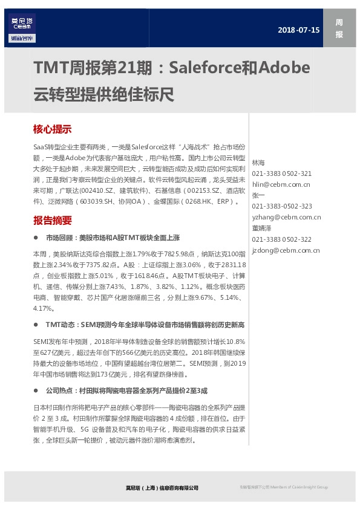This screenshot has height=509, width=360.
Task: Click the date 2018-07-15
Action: (298, 30)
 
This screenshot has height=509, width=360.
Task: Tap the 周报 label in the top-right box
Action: (339, 29)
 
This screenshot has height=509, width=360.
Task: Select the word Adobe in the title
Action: (284, 66)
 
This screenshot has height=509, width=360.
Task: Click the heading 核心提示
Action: (53, 129)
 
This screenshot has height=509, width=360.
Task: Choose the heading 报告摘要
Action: (53, 220)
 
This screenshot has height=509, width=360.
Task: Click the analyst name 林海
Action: (258, 163)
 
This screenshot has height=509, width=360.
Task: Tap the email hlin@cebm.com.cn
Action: (281, 184)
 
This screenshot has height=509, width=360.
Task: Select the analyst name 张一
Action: (258, 195)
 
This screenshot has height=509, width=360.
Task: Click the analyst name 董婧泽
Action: (261, 228)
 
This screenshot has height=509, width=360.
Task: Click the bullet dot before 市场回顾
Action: (37, 238)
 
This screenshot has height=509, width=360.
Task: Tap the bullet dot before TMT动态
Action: (37, 325)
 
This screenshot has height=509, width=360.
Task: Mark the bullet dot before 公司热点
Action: (37, 390)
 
